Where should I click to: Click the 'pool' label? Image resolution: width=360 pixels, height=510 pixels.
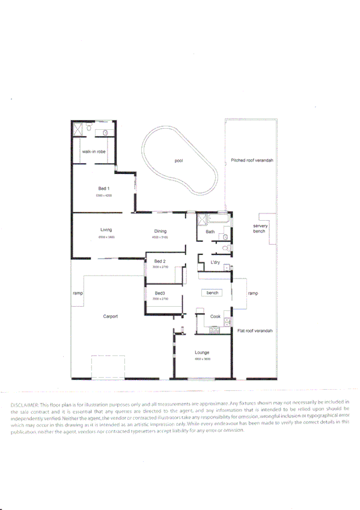[178, 161]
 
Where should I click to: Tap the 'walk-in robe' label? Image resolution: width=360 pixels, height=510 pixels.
[94, 152]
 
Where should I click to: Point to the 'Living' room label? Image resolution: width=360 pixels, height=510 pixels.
[106, 230]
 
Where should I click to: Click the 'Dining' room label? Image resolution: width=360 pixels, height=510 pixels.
[160, 231]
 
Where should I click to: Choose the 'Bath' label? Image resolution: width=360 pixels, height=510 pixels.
[210, 232]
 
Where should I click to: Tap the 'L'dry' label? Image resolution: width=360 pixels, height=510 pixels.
[215, 263]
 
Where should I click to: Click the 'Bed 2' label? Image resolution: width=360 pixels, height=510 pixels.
[159, 261]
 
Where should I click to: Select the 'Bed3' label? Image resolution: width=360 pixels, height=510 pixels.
[159, 293]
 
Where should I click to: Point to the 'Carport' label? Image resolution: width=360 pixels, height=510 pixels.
[110, 316]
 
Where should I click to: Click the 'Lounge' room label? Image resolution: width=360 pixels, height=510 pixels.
[201, 352]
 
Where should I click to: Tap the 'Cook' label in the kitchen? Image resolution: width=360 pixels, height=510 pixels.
[215, 316]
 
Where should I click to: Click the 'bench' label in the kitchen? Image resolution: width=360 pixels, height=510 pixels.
[212, 293]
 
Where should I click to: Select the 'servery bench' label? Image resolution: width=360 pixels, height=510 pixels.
[260, 229]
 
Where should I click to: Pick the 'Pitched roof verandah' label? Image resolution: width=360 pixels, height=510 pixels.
[252, 161]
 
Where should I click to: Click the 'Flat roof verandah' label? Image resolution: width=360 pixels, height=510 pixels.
[255, 331]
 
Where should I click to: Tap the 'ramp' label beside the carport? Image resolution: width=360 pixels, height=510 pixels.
[78, 293]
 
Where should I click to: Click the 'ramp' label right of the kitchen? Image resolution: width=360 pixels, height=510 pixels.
[252, 293]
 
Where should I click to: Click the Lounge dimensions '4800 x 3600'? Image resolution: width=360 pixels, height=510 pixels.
[202, 359]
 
